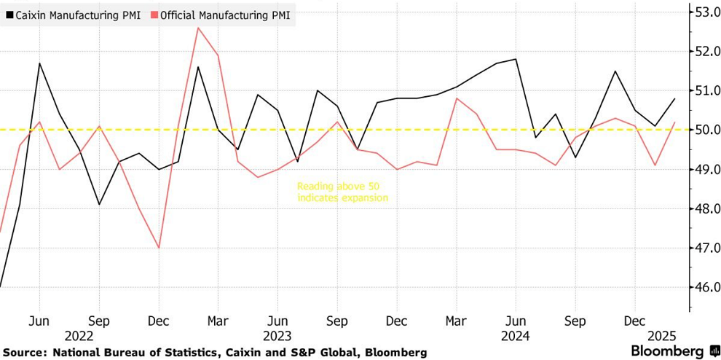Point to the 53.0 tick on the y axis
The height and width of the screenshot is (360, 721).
tap(706, 12)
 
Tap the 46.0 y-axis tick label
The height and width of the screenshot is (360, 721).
tap(706, 287)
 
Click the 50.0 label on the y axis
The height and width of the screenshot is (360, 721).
tap(706, 130)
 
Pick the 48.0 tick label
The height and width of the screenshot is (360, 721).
tap(706, 208)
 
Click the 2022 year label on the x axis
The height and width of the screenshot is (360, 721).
tap(79, 336)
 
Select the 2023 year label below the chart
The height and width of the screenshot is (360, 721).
tap(277, 336)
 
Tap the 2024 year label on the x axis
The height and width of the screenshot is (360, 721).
tap(515, 336)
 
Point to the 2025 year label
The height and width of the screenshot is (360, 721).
tap(663, 336)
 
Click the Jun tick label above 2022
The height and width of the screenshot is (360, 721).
tap(39, 321)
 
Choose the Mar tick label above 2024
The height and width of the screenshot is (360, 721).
tap(456, 321)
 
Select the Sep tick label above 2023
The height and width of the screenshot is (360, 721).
tap(336, 321)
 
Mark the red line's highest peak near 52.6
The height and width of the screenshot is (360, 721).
tap(198, 28)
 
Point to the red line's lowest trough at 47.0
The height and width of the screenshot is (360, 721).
tap(159, 248)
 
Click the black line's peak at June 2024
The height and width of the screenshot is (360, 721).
tap(516, 59)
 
